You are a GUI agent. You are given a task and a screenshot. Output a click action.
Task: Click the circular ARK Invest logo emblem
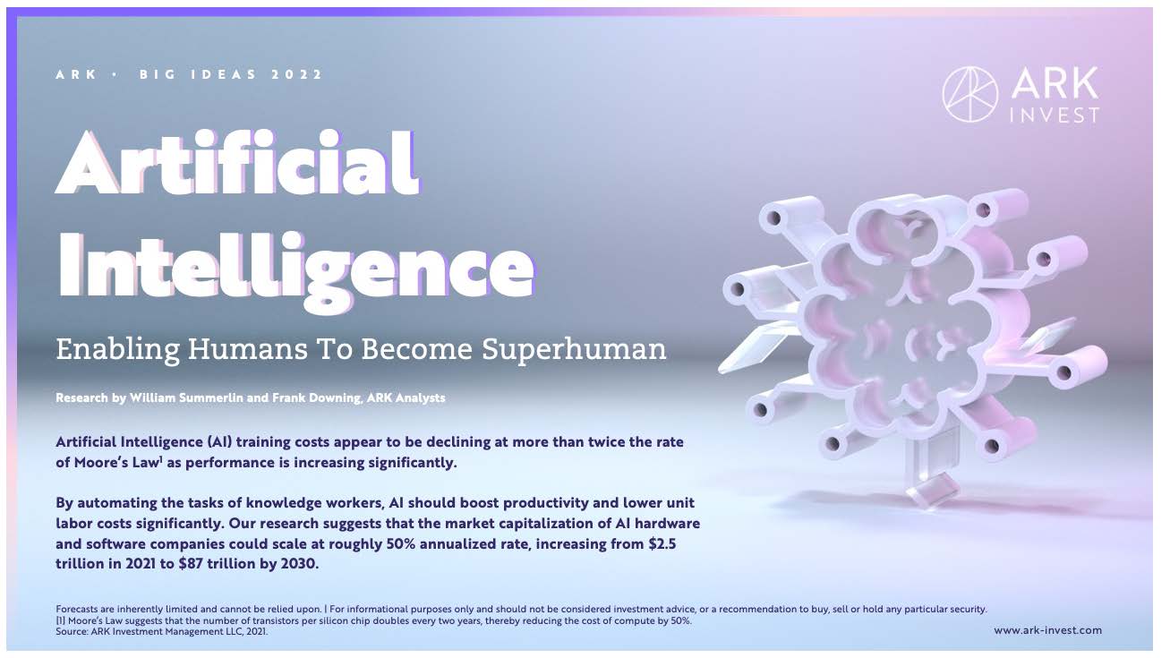tap(970, 95)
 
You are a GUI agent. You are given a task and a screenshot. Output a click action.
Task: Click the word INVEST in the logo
tap(1054, 115)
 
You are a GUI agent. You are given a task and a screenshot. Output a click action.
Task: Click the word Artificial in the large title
tap(237, 162)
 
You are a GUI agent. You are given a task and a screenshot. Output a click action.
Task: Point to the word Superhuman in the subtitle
tap(574, 350)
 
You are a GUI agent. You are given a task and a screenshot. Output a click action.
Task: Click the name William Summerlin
tap(186, 397)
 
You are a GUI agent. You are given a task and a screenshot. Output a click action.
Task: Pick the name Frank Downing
tap(316, 397)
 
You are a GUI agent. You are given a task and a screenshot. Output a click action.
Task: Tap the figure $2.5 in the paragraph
tap(662, 543)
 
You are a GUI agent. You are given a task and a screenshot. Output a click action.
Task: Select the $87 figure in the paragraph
tap(191, 564)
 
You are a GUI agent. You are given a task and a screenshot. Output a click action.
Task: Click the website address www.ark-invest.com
tap(1047, 630)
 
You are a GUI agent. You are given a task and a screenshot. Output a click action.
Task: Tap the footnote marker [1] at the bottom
tap(61, 621)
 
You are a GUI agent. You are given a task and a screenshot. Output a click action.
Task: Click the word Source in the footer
tap(72, 632)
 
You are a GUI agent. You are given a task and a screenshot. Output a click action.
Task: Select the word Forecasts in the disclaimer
tap(77, 610)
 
